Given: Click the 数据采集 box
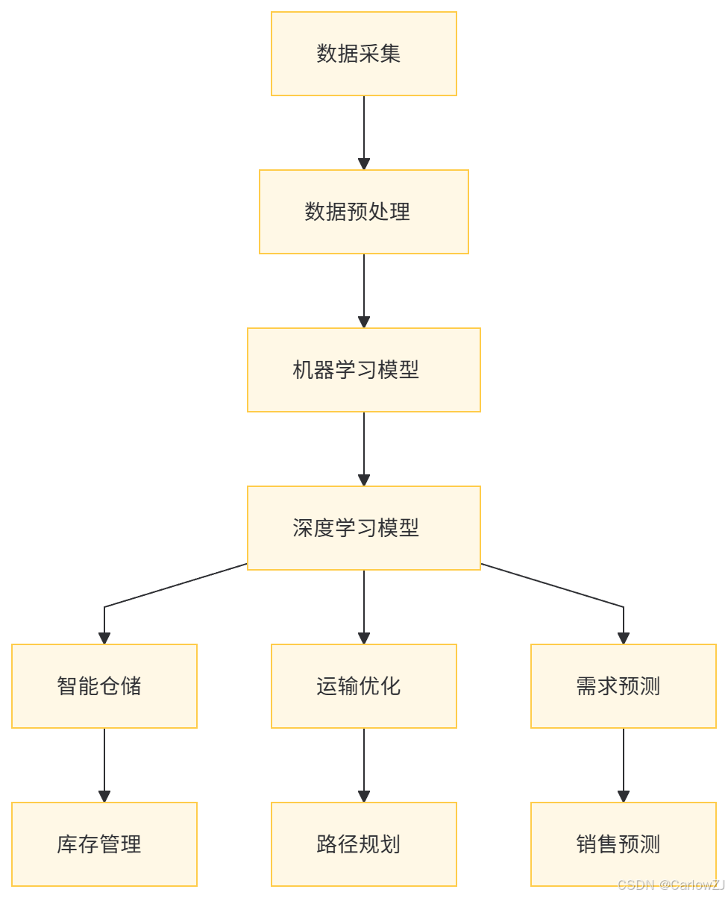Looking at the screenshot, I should [363, 54].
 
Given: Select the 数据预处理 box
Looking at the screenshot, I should [363, 212].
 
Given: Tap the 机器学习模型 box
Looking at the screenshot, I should [363, 370].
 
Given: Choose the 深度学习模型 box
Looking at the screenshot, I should [363, 528].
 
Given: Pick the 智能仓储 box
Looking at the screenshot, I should [104, 686].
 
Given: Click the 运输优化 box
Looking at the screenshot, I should [363, 686].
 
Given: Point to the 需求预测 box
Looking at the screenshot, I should [623, 686].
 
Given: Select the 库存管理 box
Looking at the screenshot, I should [104, 844].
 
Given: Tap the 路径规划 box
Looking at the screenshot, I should [363, 844].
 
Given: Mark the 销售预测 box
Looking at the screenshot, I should [623, 844].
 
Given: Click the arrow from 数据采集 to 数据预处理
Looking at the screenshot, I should [364, 131].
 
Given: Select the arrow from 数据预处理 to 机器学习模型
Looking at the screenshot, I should [364, 289].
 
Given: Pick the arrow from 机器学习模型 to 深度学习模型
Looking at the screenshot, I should [364, 447].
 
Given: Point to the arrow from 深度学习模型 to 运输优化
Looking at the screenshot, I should [364, 605].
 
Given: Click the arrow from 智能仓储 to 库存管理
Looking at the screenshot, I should [104, 763].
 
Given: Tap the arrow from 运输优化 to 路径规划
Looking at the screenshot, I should [364, 763].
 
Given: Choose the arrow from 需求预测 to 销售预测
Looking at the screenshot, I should [624, 763].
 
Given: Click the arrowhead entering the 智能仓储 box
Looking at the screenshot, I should [104, 638].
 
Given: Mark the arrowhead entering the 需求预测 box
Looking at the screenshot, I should [624, 638].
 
